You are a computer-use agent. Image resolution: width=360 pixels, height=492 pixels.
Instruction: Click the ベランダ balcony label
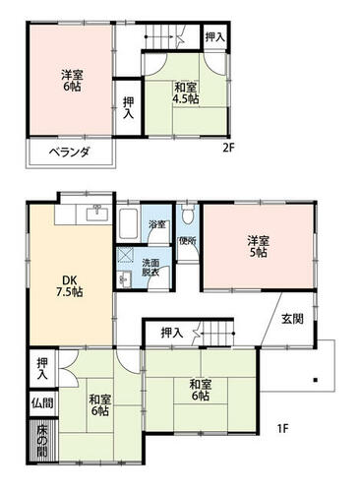click(x=69, y=153)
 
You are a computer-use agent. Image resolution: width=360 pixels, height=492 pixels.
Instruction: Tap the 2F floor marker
click(x=229, y=149)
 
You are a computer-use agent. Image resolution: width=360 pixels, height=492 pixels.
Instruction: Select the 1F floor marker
click(x=282, y=428)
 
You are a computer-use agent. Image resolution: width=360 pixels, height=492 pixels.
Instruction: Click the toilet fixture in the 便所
click(x=188, y=214)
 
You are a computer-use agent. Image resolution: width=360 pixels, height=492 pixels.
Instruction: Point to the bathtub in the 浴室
click(x=128, y=224)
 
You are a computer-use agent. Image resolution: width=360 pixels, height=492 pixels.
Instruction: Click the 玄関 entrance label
click(x=292, y=319)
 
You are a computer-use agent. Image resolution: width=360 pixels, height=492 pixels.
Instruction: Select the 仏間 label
click(x=42, y=402)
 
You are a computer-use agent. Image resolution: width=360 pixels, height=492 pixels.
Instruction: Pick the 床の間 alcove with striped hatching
click(x=42, y=441)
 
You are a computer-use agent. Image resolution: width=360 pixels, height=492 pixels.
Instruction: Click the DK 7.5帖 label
click(x=70, y=286)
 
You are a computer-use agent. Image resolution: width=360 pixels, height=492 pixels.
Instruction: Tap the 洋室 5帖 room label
click(x=259, y=246)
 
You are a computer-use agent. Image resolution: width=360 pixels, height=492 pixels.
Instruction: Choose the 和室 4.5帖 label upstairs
click(x=186, y=93)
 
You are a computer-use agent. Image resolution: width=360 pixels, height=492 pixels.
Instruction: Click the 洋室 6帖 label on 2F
click(x=72, y=81)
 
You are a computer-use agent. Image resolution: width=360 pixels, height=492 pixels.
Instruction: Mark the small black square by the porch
click(x=316, y=380)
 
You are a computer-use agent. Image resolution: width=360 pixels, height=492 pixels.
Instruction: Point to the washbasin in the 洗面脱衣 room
click(x=124, y=279)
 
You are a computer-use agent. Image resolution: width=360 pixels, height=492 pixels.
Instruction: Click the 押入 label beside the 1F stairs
click(x=172, y=334)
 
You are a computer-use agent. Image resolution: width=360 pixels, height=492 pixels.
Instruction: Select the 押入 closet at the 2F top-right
click(x=215, y=36)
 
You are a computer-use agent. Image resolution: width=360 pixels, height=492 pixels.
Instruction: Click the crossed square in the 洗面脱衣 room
click(x=125, y=255)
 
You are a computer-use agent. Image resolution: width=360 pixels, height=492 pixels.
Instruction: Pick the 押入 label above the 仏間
click(x=42, y=368)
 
